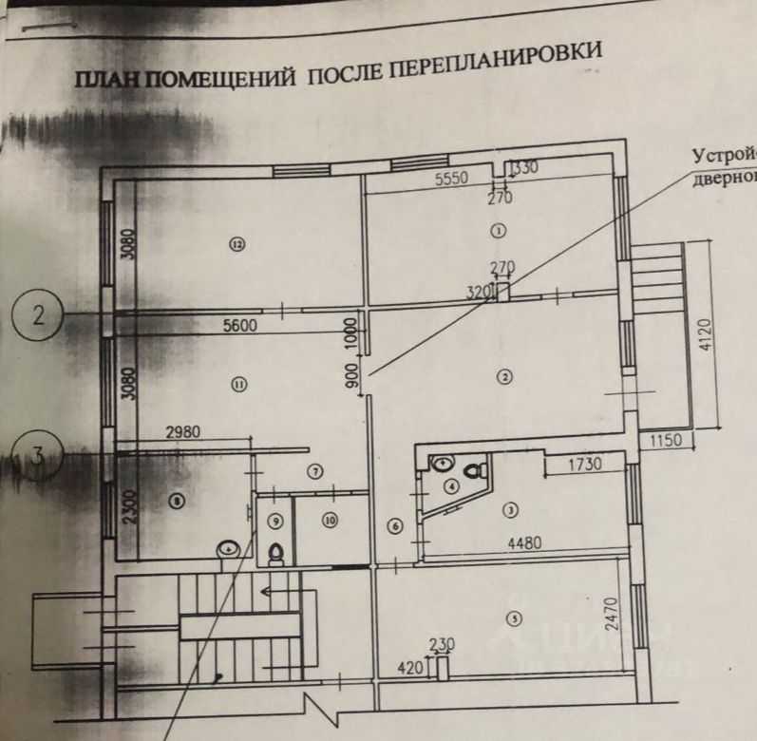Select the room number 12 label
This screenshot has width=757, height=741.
pyautogui.click(x=237, y=244)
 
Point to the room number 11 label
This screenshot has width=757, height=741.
pyautogui.click(x=238, y=384)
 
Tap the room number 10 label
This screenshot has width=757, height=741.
pyautogui.click(x=329, y=520)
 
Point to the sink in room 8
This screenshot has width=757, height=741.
pyautogui.click(x=228, y=549)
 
